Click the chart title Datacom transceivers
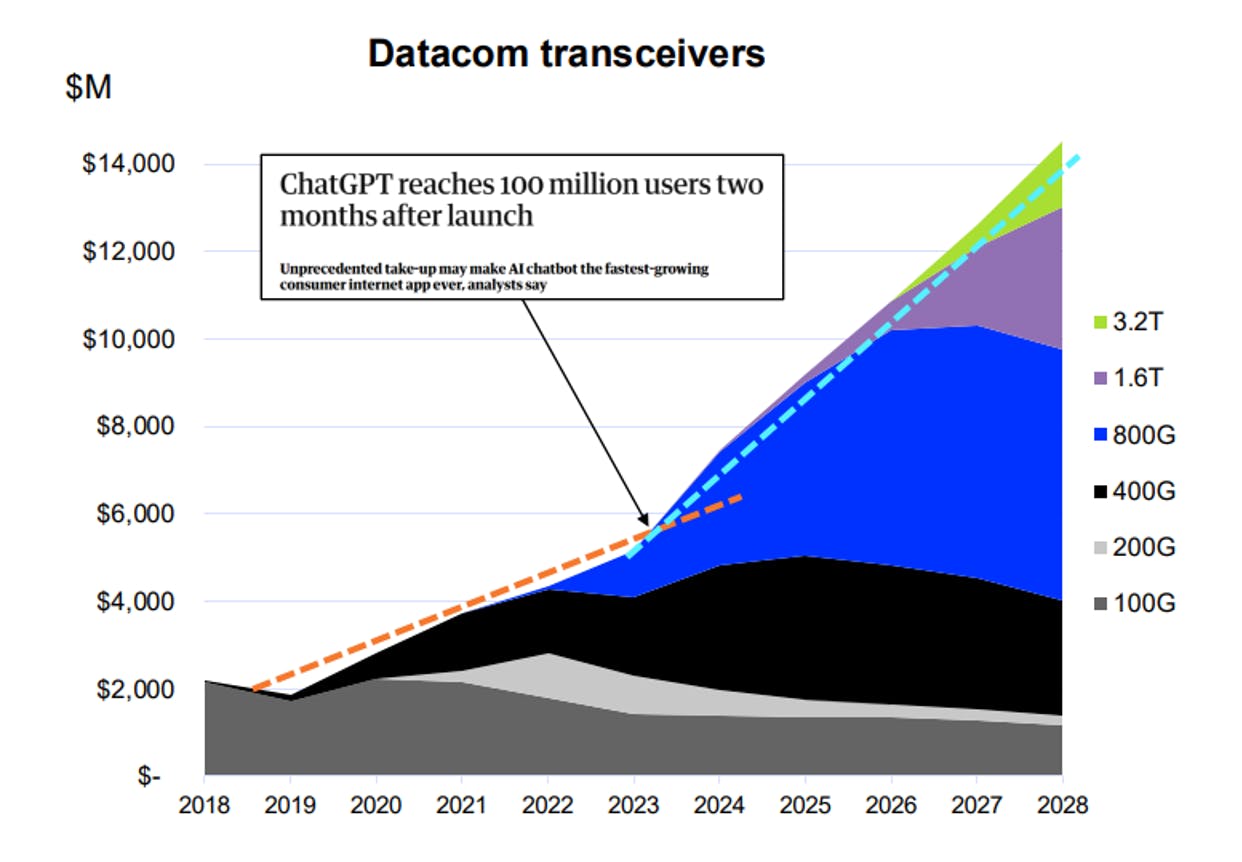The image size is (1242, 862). coord(566,54)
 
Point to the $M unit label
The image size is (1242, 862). coord(89,87)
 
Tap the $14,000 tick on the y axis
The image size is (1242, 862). coord(128,164)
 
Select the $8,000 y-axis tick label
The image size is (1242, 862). coord(135,426)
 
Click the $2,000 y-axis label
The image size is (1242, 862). coord(135,689)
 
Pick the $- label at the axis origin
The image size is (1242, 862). coord(149,776)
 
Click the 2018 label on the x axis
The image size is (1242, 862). coord(204,805)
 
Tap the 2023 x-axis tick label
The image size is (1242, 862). coord(633,805)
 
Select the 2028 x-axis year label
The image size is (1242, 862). coord(1062,805)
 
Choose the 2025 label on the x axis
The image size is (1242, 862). coord(805,805)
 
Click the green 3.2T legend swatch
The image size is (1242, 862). coord(1100,322)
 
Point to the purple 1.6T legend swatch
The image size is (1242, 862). coord(1100,378)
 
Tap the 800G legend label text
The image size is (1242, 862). coord(1144,435)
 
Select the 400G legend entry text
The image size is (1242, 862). coord(1144,491)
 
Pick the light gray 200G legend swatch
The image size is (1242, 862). coord(1100,548)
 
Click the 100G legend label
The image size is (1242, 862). coord(1144,603)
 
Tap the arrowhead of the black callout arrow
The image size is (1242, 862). coord(644,519)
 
